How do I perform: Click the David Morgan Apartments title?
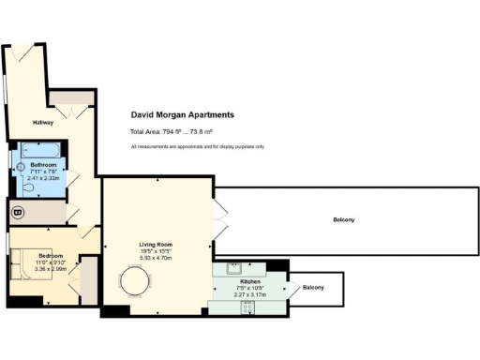pos(181,114)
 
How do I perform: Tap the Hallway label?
pos(43,122)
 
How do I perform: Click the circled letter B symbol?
pos(16,213)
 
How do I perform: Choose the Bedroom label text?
pos(51,255)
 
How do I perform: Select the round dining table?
pos(133,282)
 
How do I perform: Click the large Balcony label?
pos(343,220)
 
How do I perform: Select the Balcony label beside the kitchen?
pos(312,287)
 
